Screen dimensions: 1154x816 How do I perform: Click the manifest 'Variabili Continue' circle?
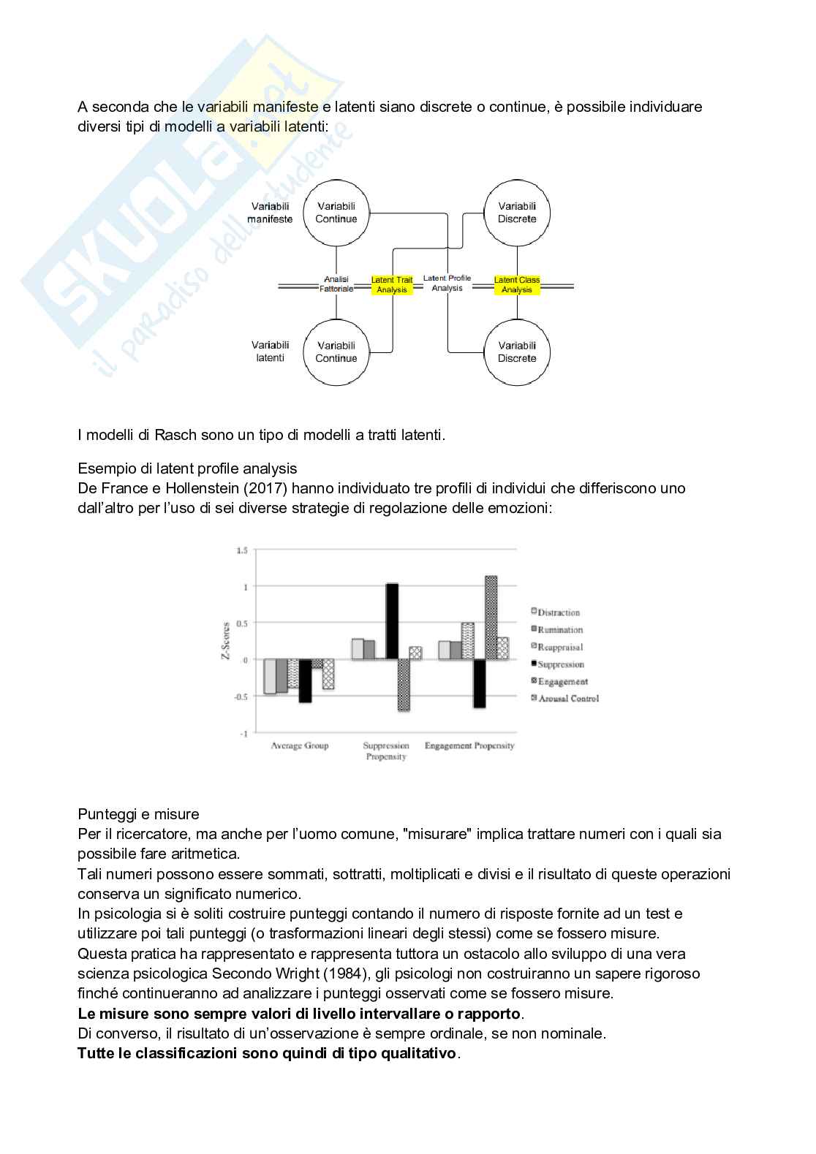(336, 213)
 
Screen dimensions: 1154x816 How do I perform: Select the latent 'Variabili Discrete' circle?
(517, 352)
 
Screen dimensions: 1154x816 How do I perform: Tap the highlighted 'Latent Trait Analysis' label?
(392, 285)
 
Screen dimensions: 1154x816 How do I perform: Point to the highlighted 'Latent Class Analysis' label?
(517, 285)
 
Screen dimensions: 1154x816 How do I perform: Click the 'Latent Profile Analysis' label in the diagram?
(447, 283)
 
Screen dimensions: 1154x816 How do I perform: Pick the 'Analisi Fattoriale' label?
(336, 284)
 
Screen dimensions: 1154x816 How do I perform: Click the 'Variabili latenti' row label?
(270, 352)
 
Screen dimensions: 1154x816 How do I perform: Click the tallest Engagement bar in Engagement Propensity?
(491, 618)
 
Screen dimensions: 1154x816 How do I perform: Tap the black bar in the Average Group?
(305, 680)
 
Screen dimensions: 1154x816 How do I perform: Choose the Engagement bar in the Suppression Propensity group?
(404, 685)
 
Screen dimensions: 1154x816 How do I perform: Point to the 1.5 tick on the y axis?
(242, 550)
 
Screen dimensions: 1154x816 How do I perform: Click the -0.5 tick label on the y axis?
(241, 696)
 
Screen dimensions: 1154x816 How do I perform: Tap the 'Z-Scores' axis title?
(225, 641)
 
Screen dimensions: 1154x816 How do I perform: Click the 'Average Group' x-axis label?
(300, 745)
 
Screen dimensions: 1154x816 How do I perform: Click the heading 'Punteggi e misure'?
(138, 814)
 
